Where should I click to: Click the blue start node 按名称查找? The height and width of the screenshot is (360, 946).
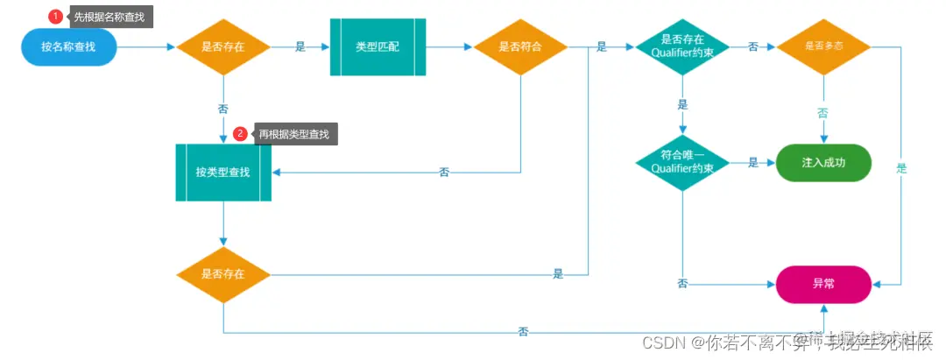68,46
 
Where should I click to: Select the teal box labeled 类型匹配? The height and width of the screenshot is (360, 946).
378,46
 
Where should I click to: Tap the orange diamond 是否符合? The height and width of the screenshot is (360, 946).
520,46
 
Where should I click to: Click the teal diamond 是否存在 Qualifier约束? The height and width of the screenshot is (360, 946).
682,46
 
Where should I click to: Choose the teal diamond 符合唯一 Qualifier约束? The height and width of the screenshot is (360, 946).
682,162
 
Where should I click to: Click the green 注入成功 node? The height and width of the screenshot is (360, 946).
823,163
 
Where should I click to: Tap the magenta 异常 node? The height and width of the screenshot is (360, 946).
823,284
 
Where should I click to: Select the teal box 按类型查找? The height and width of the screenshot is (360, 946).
223,172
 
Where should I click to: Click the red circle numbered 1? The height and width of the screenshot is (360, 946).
54,16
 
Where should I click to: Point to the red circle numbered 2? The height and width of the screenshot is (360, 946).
240,134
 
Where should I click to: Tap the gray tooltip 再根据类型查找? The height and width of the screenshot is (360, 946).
294,134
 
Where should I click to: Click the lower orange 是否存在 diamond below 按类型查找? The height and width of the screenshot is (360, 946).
223,274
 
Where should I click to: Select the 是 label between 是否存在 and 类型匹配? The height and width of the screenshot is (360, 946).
300,47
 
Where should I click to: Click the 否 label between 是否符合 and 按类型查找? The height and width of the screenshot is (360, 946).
444,173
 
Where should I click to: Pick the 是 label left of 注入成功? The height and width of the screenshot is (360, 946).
753,163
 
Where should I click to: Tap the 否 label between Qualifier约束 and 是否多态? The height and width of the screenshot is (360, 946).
753,47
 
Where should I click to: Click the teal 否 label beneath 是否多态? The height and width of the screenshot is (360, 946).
822,114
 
